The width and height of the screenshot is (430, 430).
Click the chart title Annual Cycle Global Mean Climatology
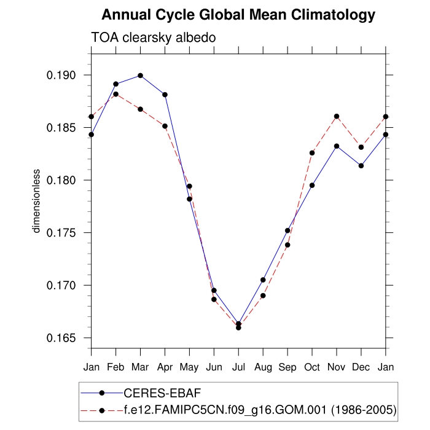coord(238,14)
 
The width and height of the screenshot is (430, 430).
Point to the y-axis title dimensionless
coord(36,201)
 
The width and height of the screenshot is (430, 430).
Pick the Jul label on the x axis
coord(238,367)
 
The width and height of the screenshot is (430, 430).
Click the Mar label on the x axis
coord(140,367)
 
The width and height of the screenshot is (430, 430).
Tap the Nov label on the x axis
coord(337,367)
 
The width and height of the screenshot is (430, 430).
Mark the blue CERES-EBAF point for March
coord(141,76)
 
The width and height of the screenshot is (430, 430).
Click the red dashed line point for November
coord(337,116)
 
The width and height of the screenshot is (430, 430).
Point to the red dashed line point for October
coord(312,152)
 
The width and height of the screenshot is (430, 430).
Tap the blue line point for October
coord(312,185)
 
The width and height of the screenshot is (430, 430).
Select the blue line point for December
coord(361,165)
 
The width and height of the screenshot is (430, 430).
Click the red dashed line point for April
coord(165,126)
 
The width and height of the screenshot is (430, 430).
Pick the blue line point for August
coord(263,279)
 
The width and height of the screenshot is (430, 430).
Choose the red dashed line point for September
coord(287,244)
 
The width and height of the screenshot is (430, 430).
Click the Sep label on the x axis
coord(287,367)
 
